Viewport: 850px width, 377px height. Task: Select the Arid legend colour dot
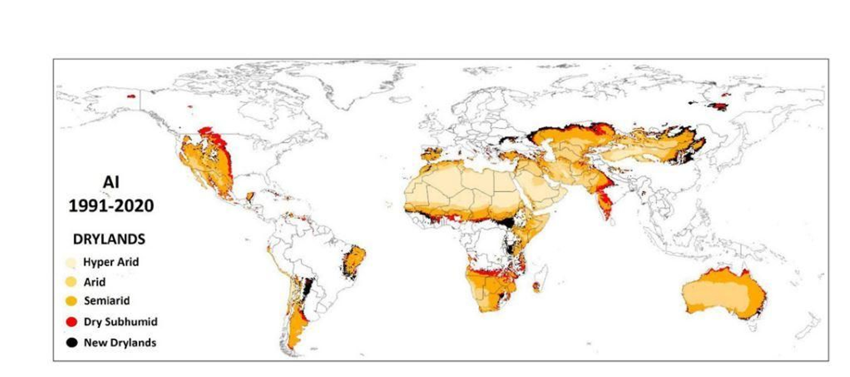(71, 282)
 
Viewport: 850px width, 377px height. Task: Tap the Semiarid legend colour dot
(71, 301)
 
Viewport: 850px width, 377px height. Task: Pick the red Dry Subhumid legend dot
(71, 322)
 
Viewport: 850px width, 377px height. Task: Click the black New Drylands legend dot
(71, 342)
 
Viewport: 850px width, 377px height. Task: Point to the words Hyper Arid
(110, 262)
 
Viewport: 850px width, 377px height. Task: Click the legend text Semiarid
(106, 301)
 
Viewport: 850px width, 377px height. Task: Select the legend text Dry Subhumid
(120, 322)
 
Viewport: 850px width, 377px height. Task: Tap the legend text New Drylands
(120, 342)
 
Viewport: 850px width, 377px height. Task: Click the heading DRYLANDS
(109, 239)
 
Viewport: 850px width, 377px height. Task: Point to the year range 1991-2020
(111, 206)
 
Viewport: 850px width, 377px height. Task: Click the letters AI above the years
(111, 182)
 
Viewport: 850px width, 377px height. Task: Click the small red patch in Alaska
(131, 96)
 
